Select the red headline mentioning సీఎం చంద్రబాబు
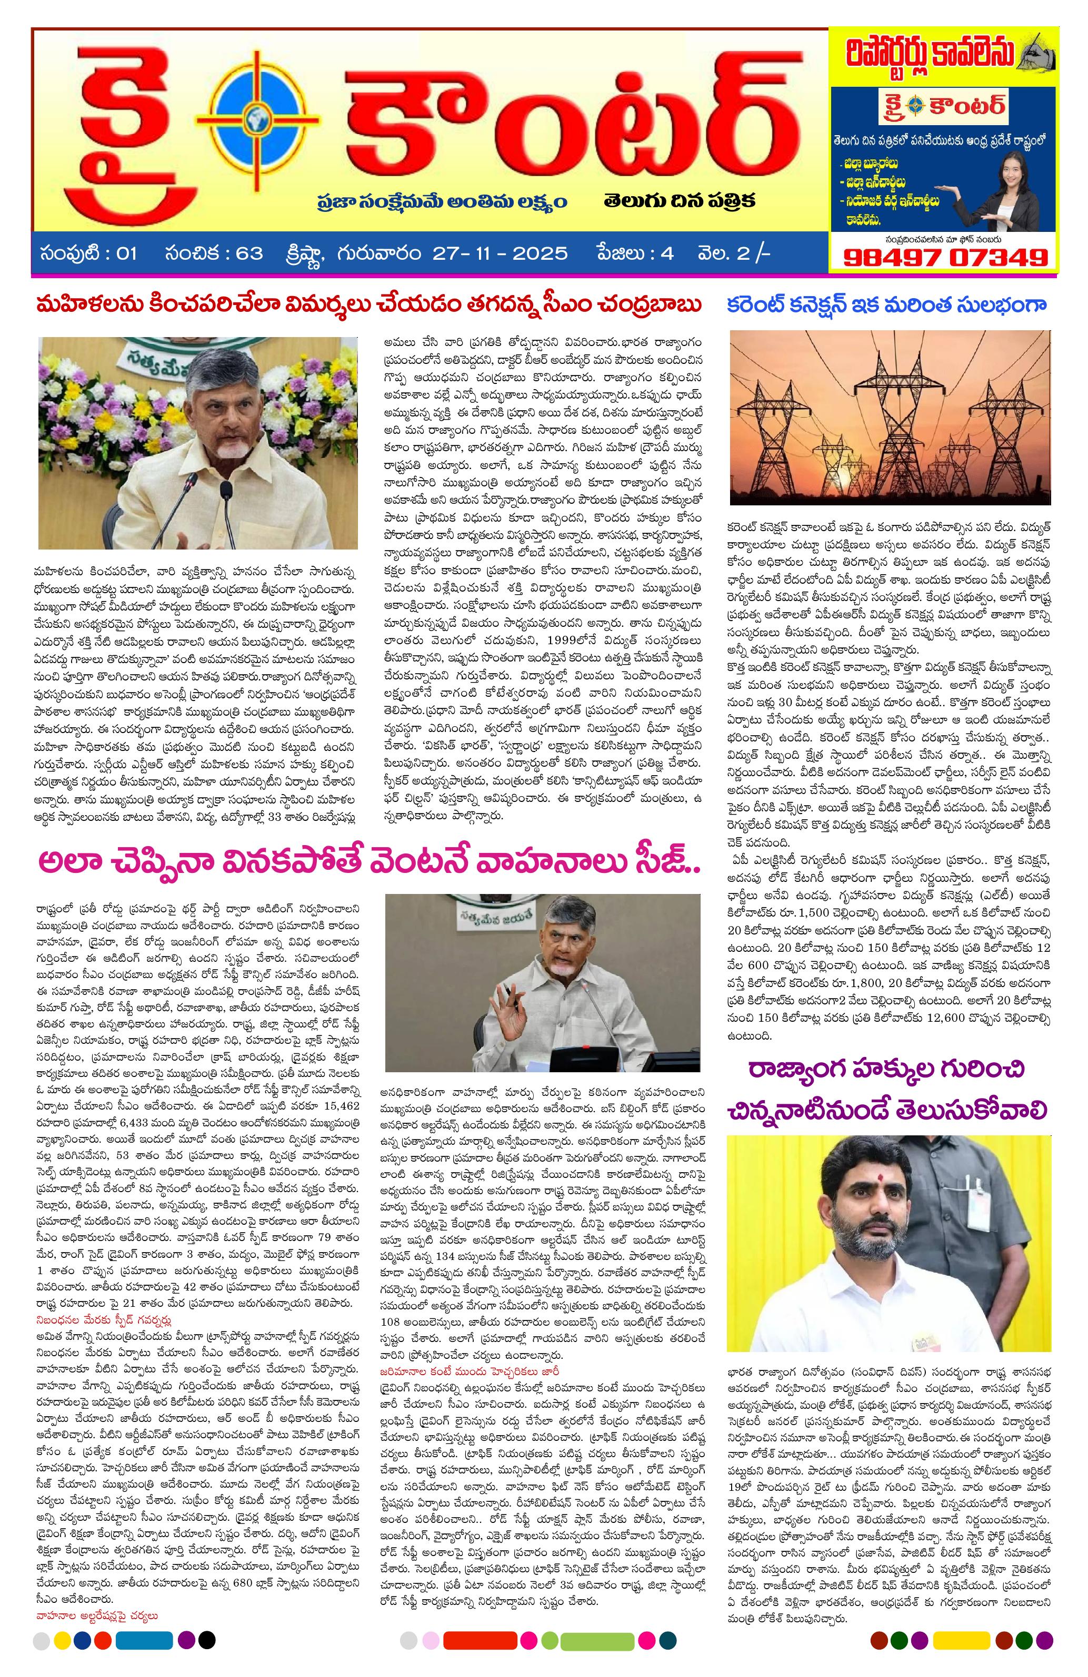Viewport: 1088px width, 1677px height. pos(369,307)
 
